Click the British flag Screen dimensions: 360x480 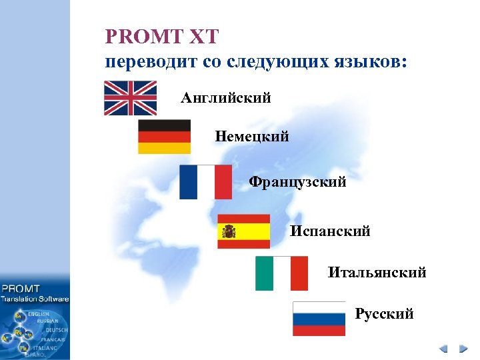[x=130, y=98]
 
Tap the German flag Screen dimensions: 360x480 [x=164, y=137]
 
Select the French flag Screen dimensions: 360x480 [x=205, y=182]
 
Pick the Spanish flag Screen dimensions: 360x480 [x=243, y=231]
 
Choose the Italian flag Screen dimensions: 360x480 [x=281, y=273]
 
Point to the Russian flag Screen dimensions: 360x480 [x=319, y=319]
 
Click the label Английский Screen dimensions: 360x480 [x=225, y=99]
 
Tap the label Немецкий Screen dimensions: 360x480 [x=252, y=137]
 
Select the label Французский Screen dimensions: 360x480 [x=297, y=182]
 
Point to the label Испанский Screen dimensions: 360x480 [x=330, y=231]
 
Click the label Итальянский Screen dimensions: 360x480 [x=377, y=273]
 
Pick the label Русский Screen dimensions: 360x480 [x=384, y=313]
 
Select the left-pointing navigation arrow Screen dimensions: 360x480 [x=443, y=349]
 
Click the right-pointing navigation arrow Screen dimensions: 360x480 [x=463, y=349]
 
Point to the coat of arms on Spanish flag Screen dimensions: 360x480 [x=229, y=231]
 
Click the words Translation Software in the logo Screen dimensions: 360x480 [x=35, y=299]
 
